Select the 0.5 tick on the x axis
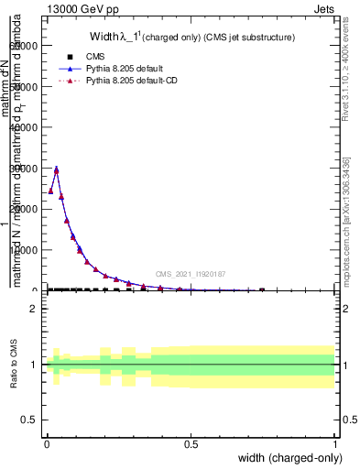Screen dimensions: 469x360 (191, 444)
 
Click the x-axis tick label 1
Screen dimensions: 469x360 (334, 444)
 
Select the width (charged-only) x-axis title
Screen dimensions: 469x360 (287, 457)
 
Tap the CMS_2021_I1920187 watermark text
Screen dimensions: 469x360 (191, 273)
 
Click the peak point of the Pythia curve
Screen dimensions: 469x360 (56, 169)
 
